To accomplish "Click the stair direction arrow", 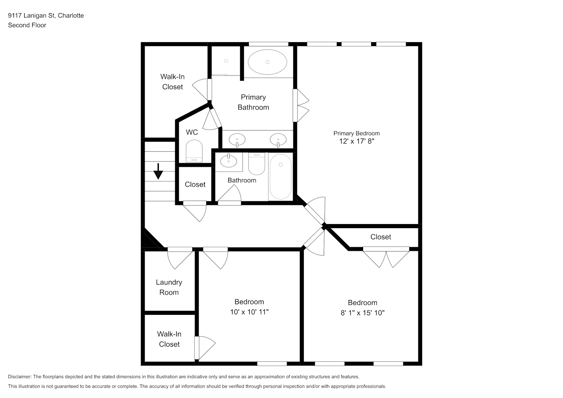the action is coord(158,172).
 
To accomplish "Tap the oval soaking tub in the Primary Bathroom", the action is coord(268,62).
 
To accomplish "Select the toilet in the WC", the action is coord(194,151).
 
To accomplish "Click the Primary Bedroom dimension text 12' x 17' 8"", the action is coord(357,141).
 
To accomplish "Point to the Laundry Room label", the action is coord(169,287).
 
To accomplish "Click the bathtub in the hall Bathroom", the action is coord(280,177).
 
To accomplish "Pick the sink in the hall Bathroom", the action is coord(229,161).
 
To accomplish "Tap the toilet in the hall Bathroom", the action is coord(257,164).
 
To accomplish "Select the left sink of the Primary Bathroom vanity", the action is coord(237,140).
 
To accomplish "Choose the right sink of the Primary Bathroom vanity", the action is coord(278,140).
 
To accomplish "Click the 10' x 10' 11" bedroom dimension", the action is coord(249,312).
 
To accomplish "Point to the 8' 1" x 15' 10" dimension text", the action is coord(362,313).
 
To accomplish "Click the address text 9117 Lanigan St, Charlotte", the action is coord(46,16).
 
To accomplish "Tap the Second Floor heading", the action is coord(27,25).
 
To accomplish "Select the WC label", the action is coord(192,132).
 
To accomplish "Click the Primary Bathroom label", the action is coord(253,102).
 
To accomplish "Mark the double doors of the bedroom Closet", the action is coord(386,258).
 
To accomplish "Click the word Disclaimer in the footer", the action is coord(20,377).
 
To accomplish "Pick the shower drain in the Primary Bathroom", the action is coord(226,61).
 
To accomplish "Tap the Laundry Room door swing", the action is coord(180,258).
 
